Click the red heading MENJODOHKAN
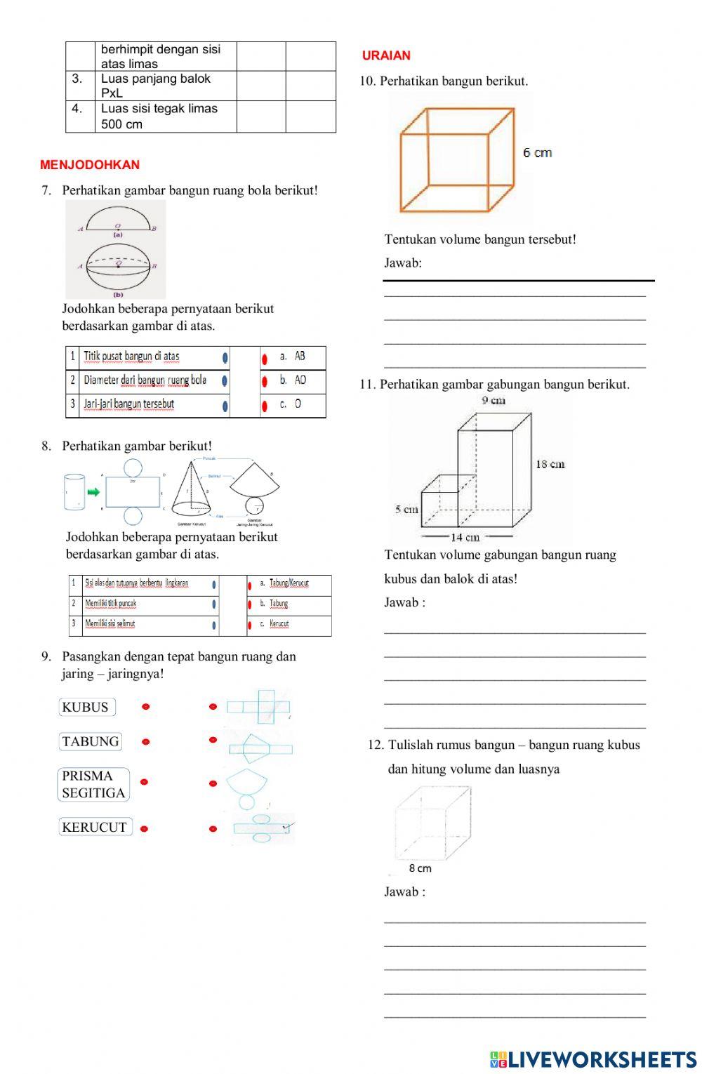coord(90,165)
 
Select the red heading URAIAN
coord(386,55)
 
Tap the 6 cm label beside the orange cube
coord(538,152)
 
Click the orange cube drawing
coord(456,159)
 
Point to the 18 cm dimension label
coord(550,464)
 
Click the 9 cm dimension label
coord(494,400)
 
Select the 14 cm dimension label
coord(465,537)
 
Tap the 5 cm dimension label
coord(406,509)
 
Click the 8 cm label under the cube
coord(420,868)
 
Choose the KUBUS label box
coord(86,707)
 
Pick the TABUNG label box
coord(91,741)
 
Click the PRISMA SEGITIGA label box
coord(93,784)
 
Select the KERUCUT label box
coord(95,827)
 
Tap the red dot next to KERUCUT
coord(145,828)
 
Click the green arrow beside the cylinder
coord(93,492)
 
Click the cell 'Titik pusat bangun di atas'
coord(131,357)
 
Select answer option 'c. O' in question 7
coord(297,404)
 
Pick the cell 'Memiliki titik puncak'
coord(111,604)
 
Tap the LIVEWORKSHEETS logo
coord(593,1059)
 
